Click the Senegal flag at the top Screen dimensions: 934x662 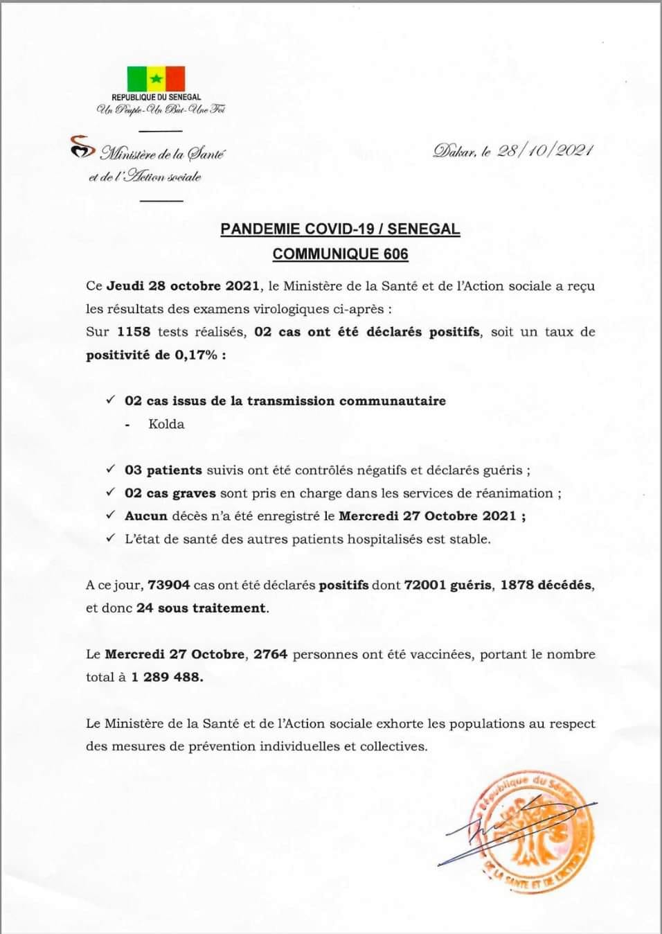156,78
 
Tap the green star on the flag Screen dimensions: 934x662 156,78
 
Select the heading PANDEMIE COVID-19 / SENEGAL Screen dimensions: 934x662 340,229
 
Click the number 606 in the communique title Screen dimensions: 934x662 396,254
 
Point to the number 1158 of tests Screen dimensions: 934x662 134,332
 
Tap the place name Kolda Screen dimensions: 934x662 166,424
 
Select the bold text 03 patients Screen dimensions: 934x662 163,470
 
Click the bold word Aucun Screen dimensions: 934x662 146,516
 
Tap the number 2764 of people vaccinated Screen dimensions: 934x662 270,654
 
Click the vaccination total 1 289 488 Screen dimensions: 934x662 167,677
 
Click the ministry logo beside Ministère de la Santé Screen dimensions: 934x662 82,147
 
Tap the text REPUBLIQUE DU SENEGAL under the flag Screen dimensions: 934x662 156,98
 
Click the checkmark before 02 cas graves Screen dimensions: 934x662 110,493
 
